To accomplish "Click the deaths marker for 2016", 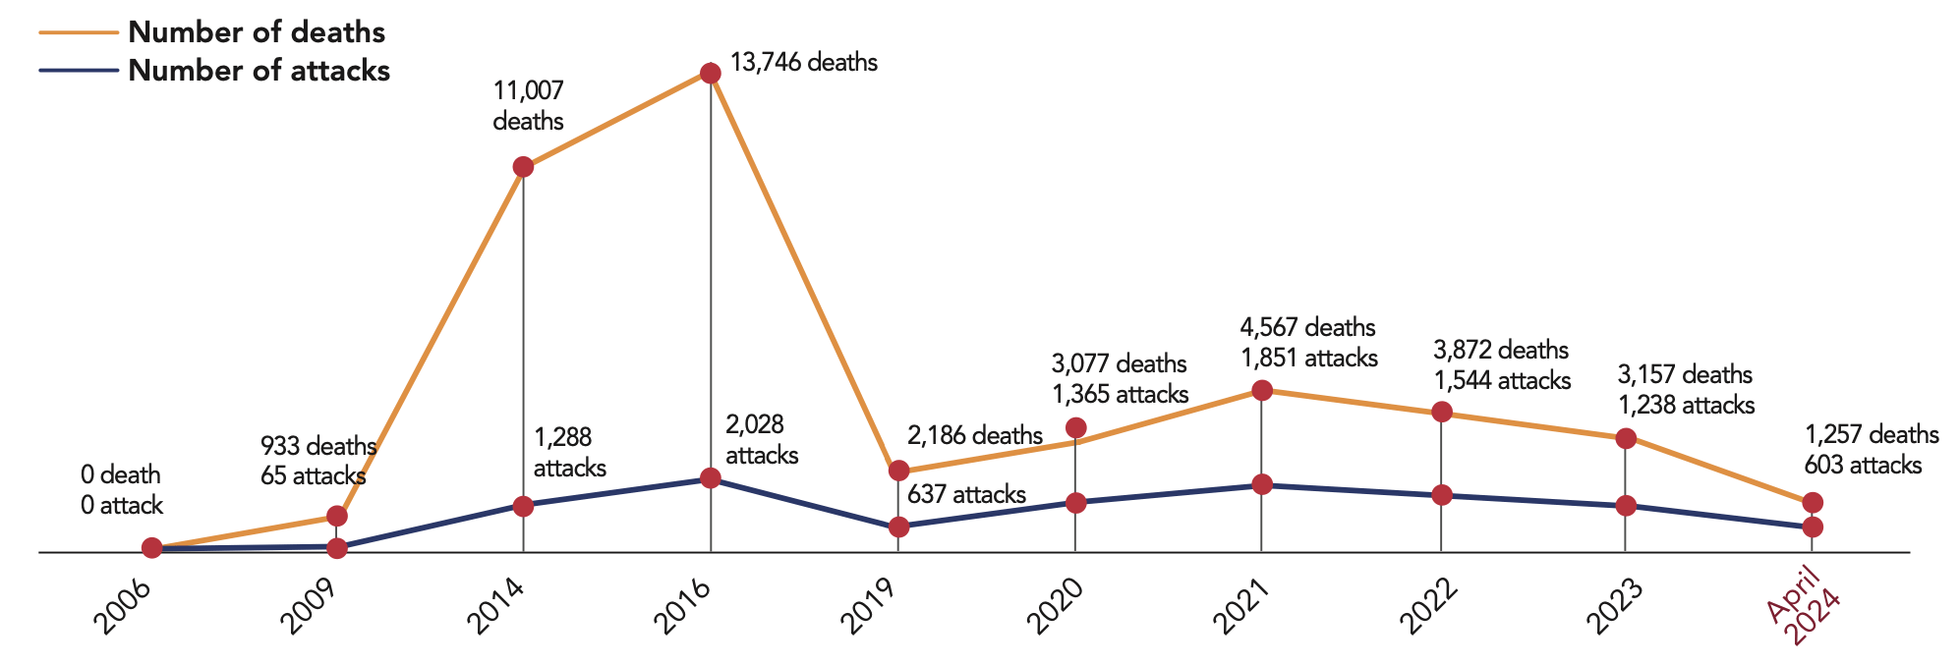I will pyautogui.click(x=710, y=73).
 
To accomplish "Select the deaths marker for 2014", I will pyautogui.click(x=523, y=167).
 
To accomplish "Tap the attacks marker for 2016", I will pyautogui.click(x=710, y=478).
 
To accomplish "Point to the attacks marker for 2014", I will pyautogui.click(x=523, y=506).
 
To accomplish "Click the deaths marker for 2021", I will pyautogui.click(x=1262, y=390).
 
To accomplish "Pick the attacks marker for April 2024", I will pyautogui.click(x=1814, y=527).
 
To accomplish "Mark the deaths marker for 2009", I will pyautogui.click(x=336, y=516).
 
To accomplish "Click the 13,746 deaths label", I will pyautogui.click(x=804, y=63).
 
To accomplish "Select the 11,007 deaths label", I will pyautogui.click(x=529, y=106).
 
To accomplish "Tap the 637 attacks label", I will pyautogui.click(x=966, y=494).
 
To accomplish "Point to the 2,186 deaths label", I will pyautogui.click(x=974, y=435).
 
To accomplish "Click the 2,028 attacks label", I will pyautogui.click(x=762, y=440).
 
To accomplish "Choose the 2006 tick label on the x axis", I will pyautogui.click(x=122, y=606).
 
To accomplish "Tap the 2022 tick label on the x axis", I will pyautogui.click(x=1429, y=606).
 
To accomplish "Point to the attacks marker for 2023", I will pyautogui.click(x=1626, y=506).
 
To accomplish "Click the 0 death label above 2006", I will pyautogui.click(x=121, y=475).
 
